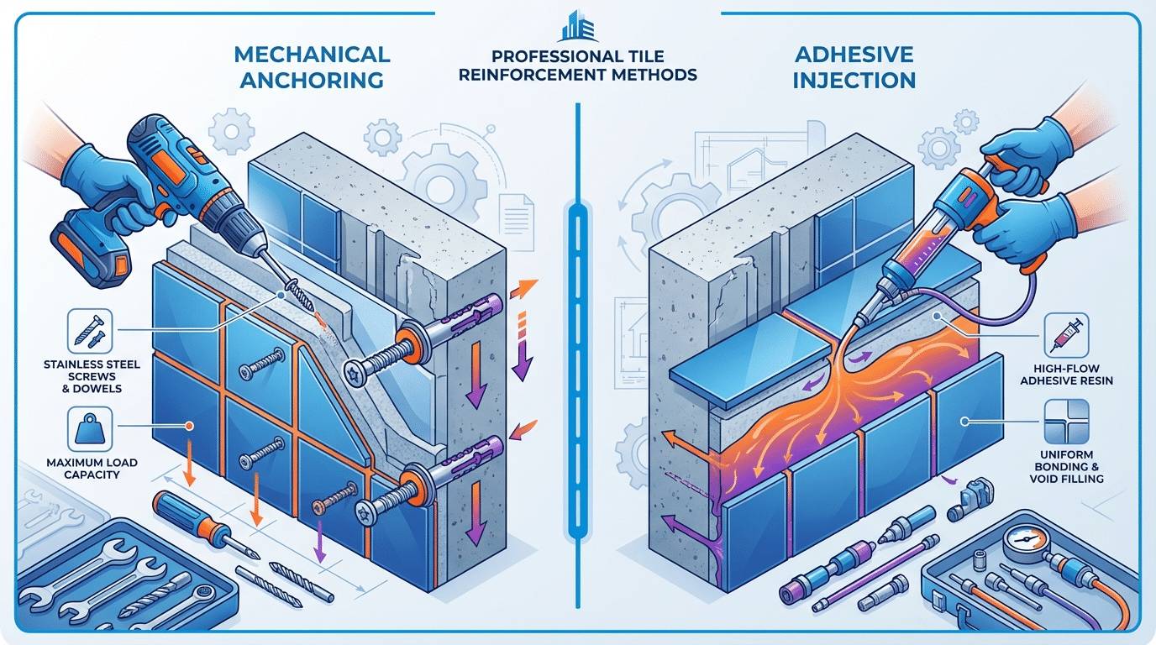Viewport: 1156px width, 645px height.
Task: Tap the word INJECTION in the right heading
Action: click(x=854, y=81)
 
